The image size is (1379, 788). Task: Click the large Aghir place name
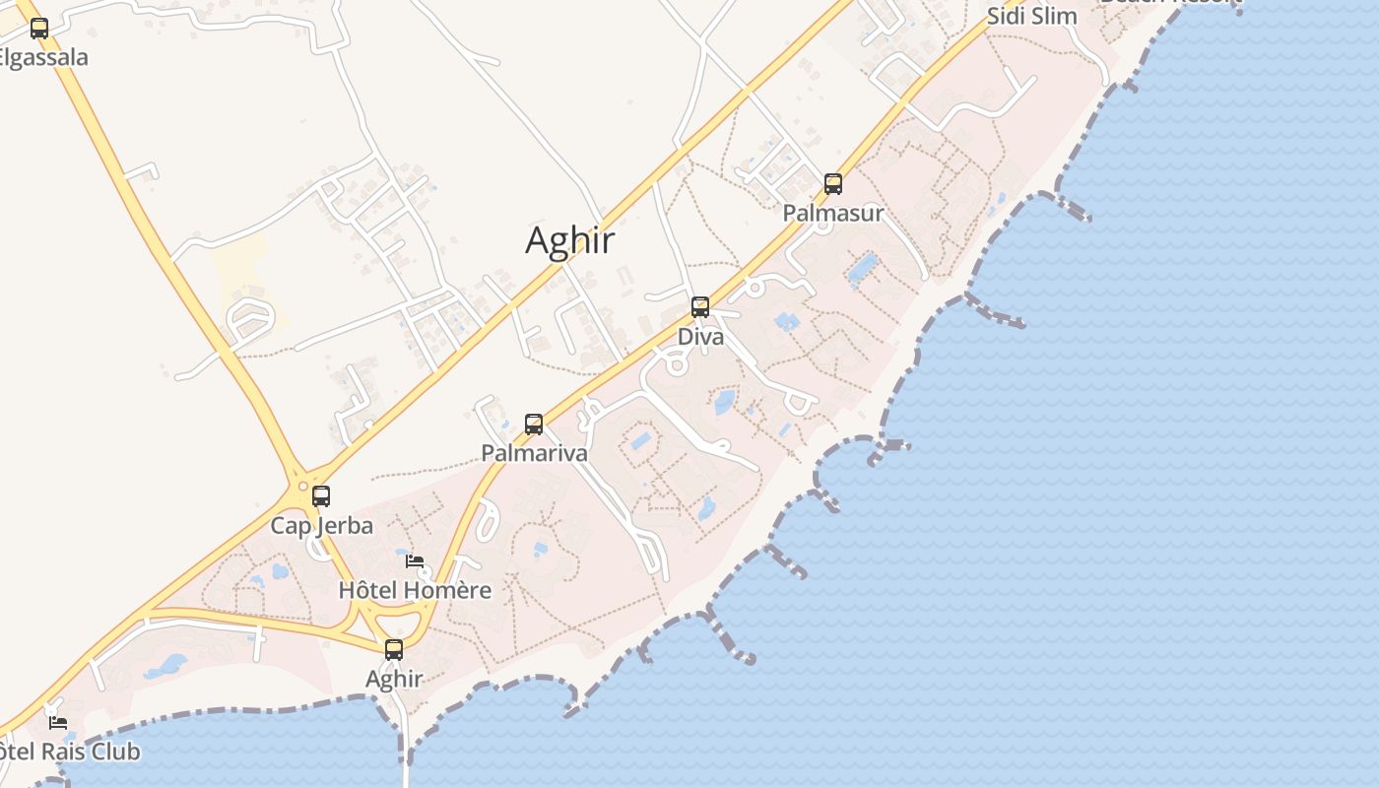coord(570,240)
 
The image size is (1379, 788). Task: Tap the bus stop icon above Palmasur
coord(833,184)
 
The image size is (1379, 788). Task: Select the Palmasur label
coord(833,213)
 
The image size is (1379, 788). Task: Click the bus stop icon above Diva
coord(700,307)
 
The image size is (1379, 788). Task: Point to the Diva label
coord(700,337)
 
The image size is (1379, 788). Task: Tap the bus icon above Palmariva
coord(534,425)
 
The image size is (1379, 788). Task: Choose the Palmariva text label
coord(534,453)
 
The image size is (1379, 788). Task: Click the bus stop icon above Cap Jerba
coord(321,496)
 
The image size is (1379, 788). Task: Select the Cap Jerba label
coord(322,526)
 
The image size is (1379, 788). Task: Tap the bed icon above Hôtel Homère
coord(415,561)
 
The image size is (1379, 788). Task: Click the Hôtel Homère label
coord(415,590)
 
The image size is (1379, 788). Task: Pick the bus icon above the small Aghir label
coord(394,649)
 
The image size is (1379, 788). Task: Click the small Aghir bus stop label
coord(394,679)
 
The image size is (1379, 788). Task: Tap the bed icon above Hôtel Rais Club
coord(58,722)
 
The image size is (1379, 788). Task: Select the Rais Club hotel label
coord(69,752)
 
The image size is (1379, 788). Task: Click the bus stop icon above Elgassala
coord(39,29)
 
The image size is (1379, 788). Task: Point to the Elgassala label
coord(43,57)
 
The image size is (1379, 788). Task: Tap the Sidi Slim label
coord(1032,16)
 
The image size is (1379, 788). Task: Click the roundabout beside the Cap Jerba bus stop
coord(301,486)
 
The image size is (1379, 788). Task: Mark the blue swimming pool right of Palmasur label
coord(863,266)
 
